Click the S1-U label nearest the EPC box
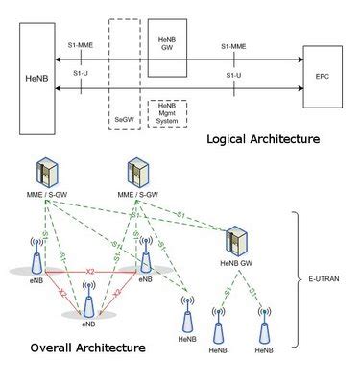[232, 73]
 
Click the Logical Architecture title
[263, 139]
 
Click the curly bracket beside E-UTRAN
[300, 278]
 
